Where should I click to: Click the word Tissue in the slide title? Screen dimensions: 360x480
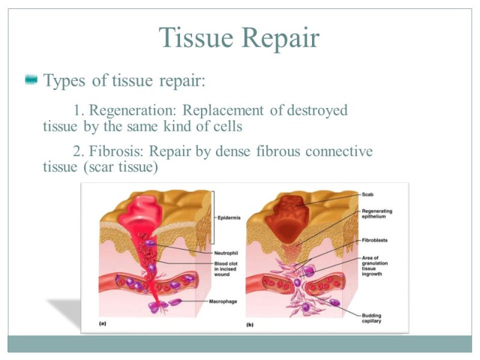[x=196, y=39]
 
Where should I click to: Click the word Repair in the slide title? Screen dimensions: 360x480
[x=280, y=40]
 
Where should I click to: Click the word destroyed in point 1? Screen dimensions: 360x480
[x=317, y=111]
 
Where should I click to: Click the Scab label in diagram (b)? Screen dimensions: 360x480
[x=368, y=194]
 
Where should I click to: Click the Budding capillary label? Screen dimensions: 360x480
[x=372, y=318]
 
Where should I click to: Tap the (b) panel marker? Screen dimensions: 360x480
[x=250, y=324]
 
